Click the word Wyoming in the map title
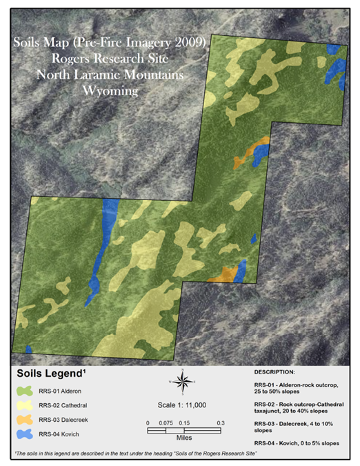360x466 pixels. (110, 90)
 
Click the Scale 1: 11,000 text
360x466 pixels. (183, 406)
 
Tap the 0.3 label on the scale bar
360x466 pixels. (220, 423)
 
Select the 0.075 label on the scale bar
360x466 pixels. (166, 423)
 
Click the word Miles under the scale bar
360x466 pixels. (183, 438)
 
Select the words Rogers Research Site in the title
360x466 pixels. (110, 61)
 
